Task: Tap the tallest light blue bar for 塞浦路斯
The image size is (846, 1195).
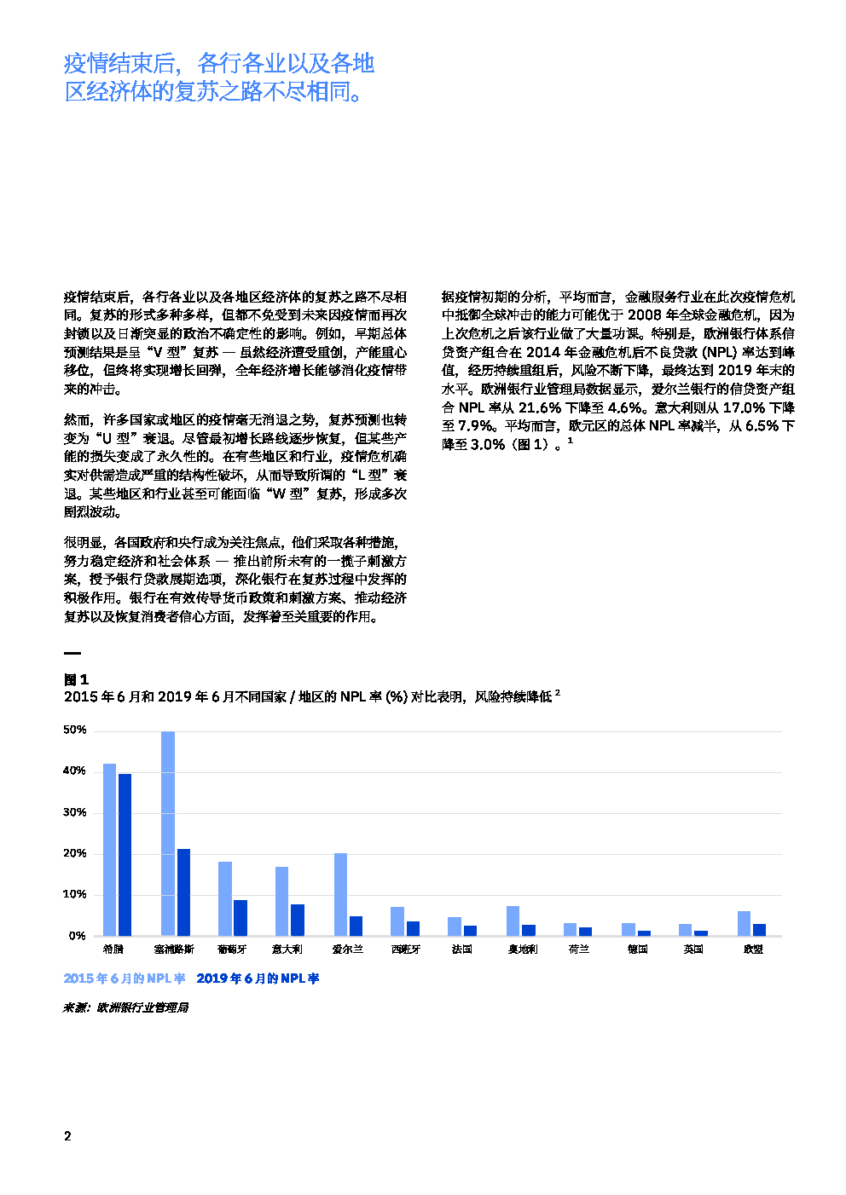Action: (168, 833)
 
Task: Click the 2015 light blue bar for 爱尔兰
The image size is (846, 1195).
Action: (340, 894)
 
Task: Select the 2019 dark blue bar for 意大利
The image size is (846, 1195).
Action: (298, 920)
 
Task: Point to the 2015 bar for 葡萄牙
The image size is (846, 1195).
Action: (225, 898)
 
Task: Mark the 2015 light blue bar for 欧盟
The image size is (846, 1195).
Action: (744, 923)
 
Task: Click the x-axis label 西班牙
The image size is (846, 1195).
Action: (405, 950)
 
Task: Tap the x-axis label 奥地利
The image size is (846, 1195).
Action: (522, 950)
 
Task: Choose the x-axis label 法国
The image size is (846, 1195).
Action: (461, 950)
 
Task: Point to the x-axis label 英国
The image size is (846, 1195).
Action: (693, 950)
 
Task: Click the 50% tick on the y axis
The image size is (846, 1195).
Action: (75, 730)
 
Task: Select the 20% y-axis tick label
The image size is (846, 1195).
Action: (75, 853)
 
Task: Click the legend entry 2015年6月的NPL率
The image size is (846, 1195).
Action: (125, 979)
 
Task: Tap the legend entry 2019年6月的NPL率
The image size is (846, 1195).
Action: (258, 979)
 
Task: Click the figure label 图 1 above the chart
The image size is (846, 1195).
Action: (76, 679)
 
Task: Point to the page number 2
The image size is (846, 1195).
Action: (67, 1135)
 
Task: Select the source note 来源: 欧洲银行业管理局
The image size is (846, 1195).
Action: (126, 1007)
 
